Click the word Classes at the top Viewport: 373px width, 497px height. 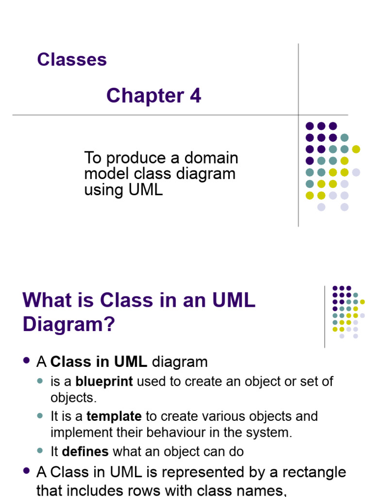(x=72, y=60)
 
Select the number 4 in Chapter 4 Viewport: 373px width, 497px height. (x=195, y=96)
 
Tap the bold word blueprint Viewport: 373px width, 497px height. (x=104, y=381)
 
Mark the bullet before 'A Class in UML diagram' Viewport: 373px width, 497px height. (x=27, y=361)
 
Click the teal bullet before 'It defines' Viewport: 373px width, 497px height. (x=40, y=451)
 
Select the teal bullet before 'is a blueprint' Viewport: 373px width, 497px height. (x=40, y=381)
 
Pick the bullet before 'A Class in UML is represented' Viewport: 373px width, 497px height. (x=27, y=471)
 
